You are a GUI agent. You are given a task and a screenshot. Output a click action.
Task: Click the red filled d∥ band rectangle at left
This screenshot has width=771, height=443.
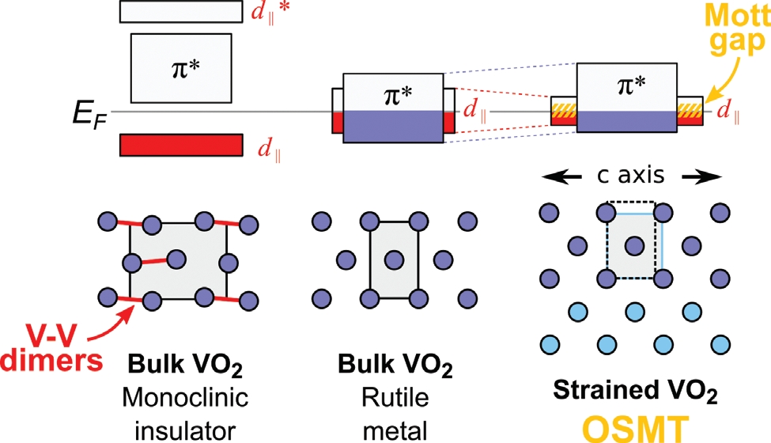click(180, 145)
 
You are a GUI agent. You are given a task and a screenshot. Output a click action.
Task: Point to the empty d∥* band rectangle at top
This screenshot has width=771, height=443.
click(180, 11)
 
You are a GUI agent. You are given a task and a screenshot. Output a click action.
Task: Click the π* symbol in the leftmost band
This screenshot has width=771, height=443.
click(180, 67)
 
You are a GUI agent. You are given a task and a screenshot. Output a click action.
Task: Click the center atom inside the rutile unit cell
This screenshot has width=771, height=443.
click(393, 258)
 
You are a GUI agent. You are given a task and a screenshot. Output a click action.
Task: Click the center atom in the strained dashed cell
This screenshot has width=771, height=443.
click(631, 246)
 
